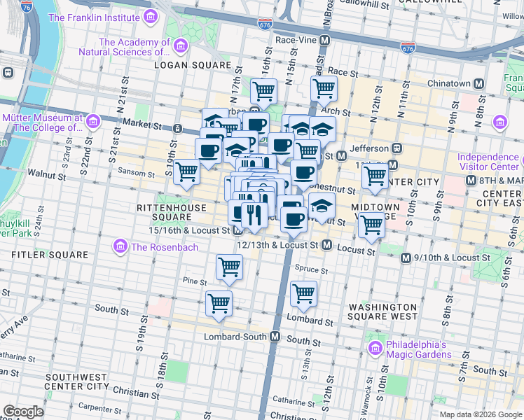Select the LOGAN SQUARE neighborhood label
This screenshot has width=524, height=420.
click(192, 65)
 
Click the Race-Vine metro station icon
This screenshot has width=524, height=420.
click(324, 41)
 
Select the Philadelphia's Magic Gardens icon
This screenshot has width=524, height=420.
click(375, 348)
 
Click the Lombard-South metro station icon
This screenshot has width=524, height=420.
click(275, 337)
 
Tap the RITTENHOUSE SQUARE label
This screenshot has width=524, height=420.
click(172, 212)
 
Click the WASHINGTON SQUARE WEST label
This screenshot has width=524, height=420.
click(382, 312)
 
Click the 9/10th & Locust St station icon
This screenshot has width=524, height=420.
click(406, 258)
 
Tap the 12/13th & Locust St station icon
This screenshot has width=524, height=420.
click(326, 245)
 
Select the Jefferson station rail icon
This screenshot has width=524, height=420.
click(397, 148)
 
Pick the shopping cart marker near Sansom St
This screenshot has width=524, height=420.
click(187, 171)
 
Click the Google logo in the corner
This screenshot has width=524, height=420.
click(23, 412)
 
